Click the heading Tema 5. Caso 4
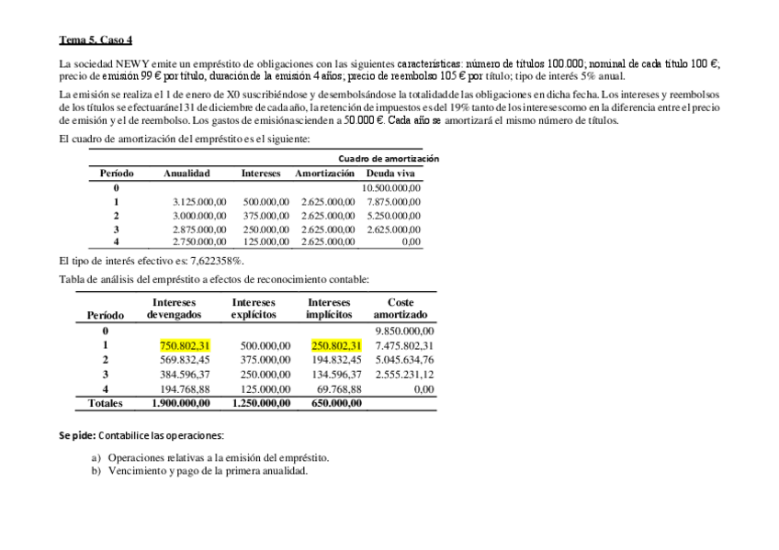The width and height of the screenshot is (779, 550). (96, 39)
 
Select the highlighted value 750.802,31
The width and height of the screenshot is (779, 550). (186, 345)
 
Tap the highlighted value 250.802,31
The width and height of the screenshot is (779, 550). (336, 345)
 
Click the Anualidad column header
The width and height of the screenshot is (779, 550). (186, 173)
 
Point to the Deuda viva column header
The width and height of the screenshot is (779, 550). (390, 173)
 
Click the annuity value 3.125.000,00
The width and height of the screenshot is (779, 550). (199, 201)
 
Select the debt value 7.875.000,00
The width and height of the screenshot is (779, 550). (393, 201)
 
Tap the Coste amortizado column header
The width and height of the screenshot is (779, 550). (401, 308)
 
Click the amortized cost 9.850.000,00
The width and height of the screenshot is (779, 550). (404, 331)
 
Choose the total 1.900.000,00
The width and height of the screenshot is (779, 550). (186, 402)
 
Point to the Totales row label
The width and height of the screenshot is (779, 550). (105, 402)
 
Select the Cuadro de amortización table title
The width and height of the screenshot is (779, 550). (389, 159)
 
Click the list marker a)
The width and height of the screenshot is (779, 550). (96, 457)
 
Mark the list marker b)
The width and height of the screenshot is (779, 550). (96, 470)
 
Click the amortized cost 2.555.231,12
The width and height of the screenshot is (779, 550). (404, 374)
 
